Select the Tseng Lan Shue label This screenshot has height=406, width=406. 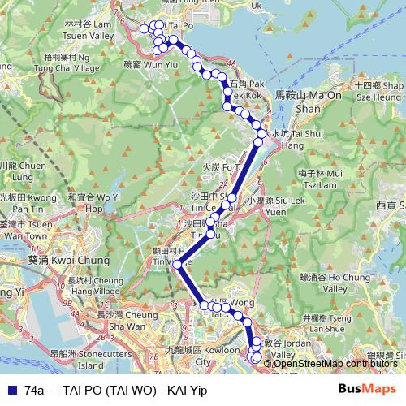pyautogui.click(x=328, y=323)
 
